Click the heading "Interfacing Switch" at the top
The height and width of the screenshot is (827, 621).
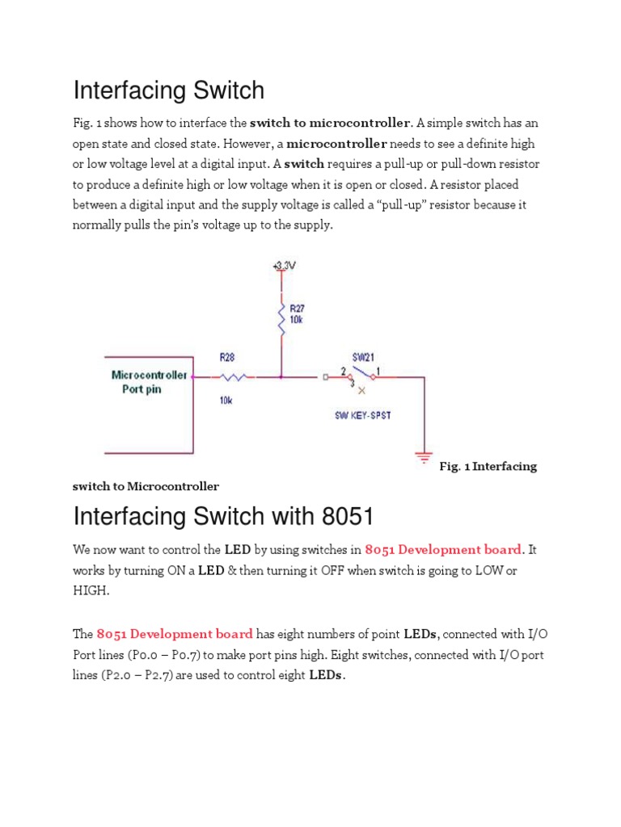point(168,90)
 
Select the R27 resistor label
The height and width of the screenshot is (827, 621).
point(298,309)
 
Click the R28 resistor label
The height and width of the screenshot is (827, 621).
point(229,356)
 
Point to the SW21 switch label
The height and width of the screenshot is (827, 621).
point(362,356)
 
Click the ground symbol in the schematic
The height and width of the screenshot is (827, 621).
point(423,458)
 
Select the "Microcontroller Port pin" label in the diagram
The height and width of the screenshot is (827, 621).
point(149,382)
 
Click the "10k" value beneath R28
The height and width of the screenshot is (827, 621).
point(228,399)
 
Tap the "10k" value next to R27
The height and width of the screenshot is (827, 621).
point(297,321)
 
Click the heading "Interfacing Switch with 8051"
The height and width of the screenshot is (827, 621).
point(223,515)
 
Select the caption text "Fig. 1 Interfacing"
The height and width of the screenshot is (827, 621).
point(488,467)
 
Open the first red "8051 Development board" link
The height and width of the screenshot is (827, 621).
point(443,550)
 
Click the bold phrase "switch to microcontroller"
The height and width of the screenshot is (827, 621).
point(330,124)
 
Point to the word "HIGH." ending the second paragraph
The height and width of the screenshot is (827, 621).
point(91,590)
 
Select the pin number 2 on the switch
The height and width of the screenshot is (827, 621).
point(343,372)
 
